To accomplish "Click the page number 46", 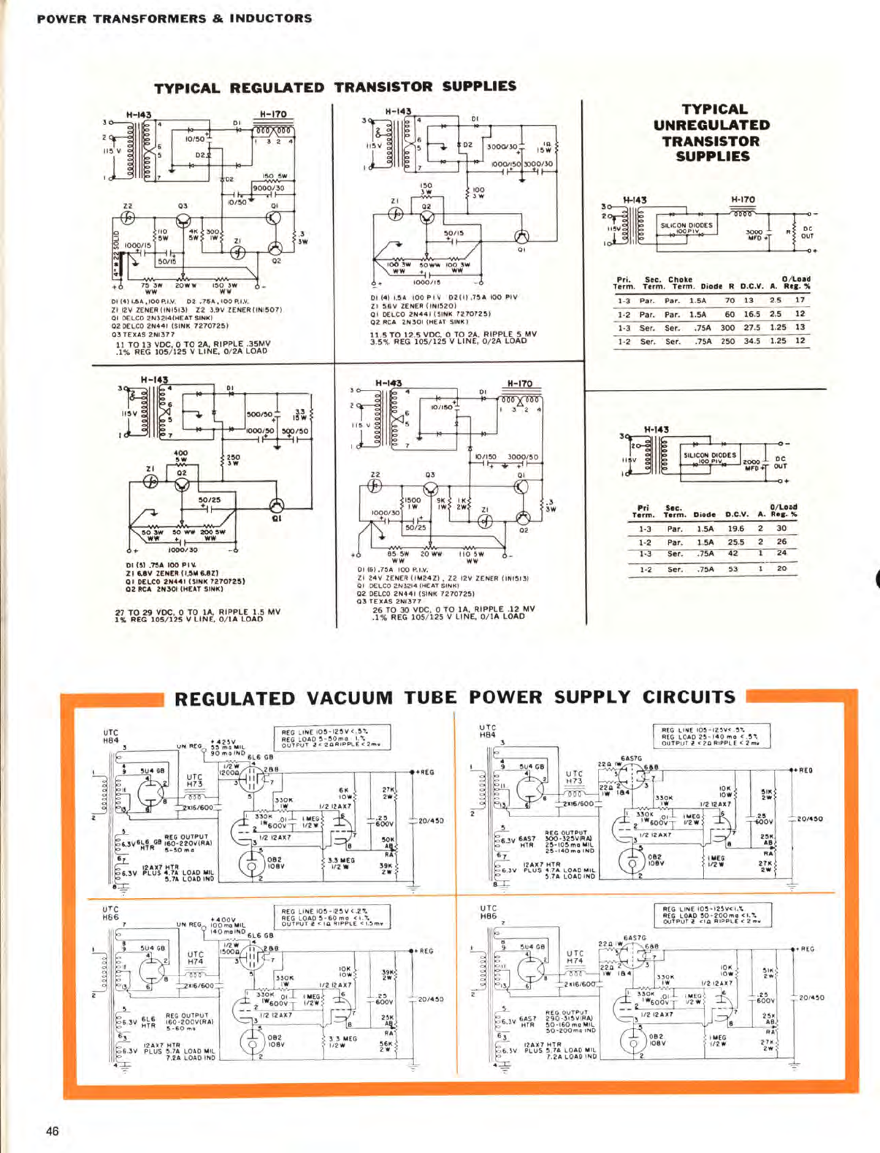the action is click(52, 1131).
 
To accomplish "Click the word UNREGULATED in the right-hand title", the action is click(711, 126).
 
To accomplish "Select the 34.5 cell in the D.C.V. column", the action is click(751, 341).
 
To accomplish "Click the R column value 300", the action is click(727, 328).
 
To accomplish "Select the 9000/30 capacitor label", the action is click(268, 188).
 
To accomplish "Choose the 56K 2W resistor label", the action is click(386, 1046).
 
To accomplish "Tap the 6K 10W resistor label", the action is click(345, 793).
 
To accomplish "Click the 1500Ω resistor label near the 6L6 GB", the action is click(231, 951).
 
